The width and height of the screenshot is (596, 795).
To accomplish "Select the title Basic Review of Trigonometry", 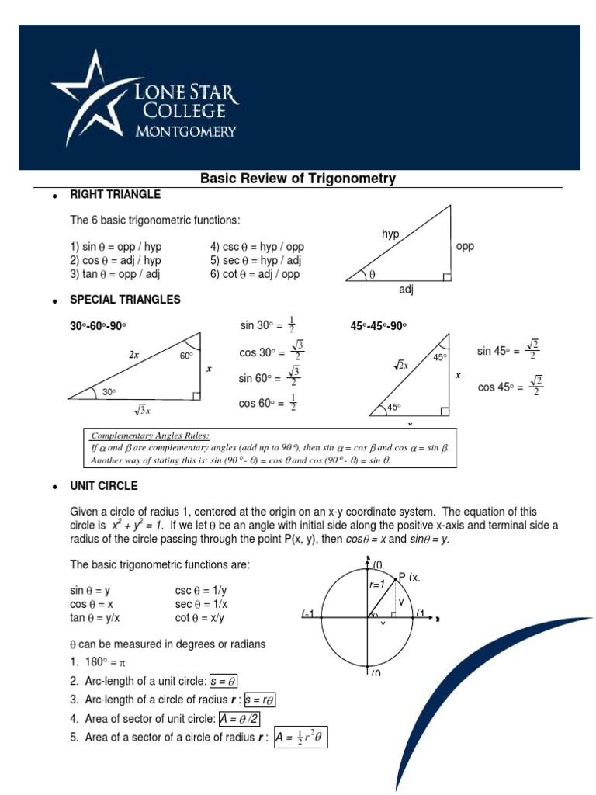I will click(298, 179).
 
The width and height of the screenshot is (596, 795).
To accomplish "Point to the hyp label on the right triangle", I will click(390, 234).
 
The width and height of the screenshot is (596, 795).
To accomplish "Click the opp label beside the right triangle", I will click(465, 246).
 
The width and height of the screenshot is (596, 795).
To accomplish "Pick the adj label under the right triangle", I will click(407, 289).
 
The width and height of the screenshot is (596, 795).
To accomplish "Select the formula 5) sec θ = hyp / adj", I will click(255, 260).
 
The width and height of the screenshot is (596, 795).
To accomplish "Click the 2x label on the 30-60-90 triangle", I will click(133, 354).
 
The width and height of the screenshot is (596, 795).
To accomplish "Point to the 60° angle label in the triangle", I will click(185, 356).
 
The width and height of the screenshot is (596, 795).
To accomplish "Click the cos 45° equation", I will click(510, 386).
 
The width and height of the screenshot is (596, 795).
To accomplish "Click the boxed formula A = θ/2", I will click(239, 718).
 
